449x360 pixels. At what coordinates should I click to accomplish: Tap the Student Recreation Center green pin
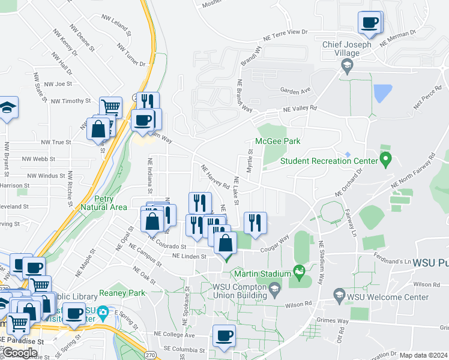(386, 160)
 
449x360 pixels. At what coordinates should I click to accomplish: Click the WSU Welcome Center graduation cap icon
(339, 295)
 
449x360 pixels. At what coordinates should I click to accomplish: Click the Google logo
(20, 353)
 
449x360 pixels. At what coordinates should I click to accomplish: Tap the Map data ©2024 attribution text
(424, 355)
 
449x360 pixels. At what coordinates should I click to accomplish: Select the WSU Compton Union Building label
(237, 290)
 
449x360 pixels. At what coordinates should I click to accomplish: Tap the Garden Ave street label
(296, 91)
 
